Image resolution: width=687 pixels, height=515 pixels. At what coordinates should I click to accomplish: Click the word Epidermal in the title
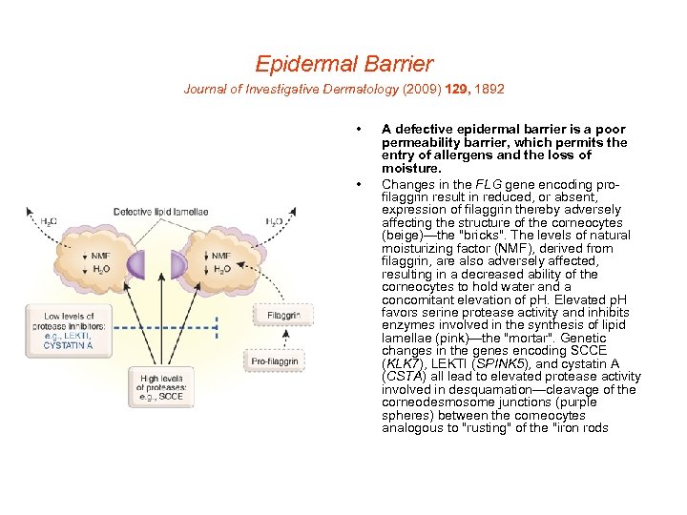tap(299, 64)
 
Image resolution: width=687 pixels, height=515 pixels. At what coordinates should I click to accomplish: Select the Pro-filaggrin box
tap(276, 361)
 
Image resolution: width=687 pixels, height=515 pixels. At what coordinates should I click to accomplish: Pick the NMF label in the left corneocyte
tap(99, 256)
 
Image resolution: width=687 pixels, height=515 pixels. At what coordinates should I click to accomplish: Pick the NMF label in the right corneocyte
tap(220, 256)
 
